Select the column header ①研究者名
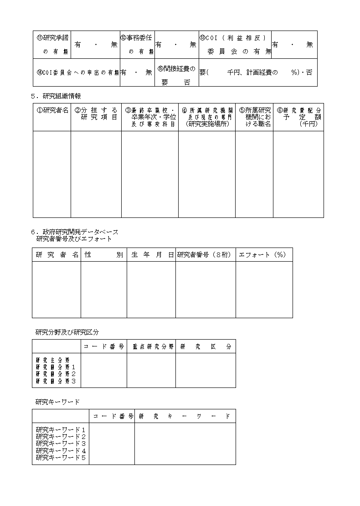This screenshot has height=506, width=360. (x=52, y=110)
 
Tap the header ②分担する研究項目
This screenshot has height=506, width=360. (x=96, y=114)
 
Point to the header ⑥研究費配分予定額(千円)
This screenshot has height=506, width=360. (x=298, y=117)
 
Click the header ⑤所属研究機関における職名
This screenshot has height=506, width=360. (x=254, y=117)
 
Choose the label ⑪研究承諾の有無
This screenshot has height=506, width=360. (x=52, y=45)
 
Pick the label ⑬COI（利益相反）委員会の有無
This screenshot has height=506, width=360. (x=235, y=45)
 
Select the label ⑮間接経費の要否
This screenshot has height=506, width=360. (x=176, y=76)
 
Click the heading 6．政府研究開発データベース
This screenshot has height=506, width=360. (x=74, y=232)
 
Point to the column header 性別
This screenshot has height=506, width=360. (x=103, y=255)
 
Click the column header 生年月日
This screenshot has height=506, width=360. (x=152, y=255)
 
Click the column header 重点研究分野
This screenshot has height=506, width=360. (x=151, y=346)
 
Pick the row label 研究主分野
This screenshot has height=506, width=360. (x=53, y=360)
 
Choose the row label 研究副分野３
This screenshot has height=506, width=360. (x=56, y=381)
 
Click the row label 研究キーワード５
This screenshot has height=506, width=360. (x=61, y=457)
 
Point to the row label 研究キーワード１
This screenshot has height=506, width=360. (x=61, y=429)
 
